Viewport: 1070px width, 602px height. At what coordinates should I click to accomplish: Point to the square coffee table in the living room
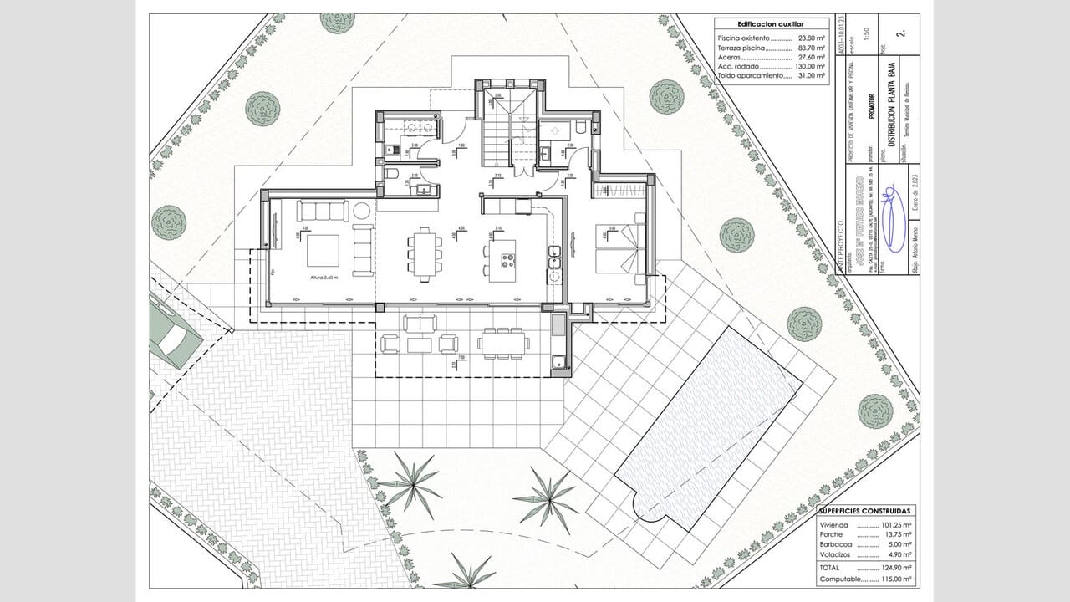click(323, 250)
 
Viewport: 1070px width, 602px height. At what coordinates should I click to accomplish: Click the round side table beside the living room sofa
click(362, 210)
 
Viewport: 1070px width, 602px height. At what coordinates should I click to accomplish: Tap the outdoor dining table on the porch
click(503, 342)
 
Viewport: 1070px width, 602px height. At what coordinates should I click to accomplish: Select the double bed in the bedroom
click(617, 250)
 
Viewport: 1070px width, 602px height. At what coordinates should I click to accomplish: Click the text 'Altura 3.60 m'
click(324, 277)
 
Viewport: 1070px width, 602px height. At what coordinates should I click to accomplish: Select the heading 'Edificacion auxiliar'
click(771, 24)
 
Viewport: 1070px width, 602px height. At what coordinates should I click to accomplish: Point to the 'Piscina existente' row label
click(743, 39)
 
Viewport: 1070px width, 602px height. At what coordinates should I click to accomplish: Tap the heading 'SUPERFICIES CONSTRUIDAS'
click(864, 510)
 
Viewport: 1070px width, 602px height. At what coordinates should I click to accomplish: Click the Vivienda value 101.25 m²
click(895, 525)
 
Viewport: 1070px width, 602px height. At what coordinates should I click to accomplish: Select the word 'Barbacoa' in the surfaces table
click(836, 543)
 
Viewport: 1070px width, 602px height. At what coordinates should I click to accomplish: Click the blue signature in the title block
click(892, 222)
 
